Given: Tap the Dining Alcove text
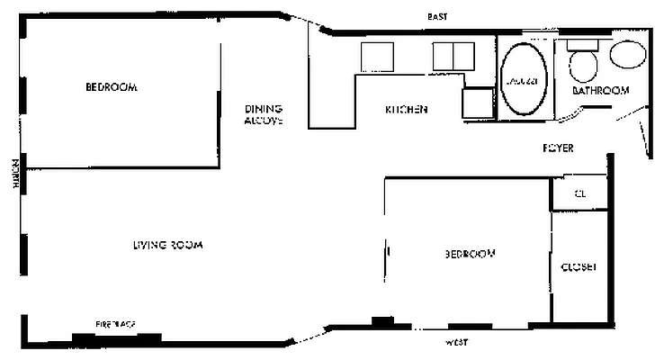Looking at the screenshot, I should pyautogui.click(x=264, y=114).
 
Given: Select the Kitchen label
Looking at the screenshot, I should pyautogui.click(x=406, y=110).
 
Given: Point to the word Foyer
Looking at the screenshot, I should pyautogui.click(x=558, y=148).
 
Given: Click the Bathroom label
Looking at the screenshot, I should pyautogui.click(x=600, y=91).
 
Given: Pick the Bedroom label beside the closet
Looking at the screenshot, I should pyautogui.click(x=470, y=255).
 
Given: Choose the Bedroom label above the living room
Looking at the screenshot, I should pyautogui.click(x=111, y=87).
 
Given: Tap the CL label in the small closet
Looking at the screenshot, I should pyautogui.click(x=580, y=194).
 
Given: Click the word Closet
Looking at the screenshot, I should pyautogui.click(x=579, y=267).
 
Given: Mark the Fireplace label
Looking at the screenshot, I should pyautogui.click(x=117, y=322).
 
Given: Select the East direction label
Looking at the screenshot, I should pyautogui.click(x=437, y=17).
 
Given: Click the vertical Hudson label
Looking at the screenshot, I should pyautogui.click(x=15, y=173).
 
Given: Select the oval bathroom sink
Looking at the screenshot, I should pyautogui.click(x=627, y=54).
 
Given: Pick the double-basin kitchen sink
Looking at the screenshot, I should pyautogui.click(x=453, y=57).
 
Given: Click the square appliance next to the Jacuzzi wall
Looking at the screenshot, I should pyautogui.click(x=478, y=102).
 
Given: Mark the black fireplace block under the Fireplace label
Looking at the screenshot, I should pyautogui.click(x=117, y=338).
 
